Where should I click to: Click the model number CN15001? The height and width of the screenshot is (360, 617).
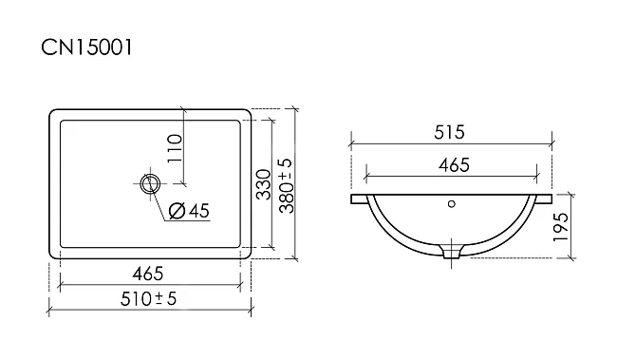tap(86, 47)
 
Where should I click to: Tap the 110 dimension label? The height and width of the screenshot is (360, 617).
tap(175, 148)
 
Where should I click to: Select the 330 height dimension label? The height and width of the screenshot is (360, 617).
tap(264, 184)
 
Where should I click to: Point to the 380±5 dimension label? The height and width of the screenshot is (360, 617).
tap(286, 185)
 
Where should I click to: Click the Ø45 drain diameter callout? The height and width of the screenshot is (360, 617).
tap(189, 211)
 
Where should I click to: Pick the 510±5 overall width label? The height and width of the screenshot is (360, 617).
tap(148, 299)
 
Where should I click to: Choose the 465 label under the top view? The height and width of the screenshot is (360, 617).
tap(147, 274)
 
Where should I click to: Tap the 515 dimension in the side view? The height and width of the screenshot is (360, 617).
tap(449, 132)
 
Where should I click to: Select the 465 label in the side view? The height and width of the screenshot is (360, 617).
tap(454, 164)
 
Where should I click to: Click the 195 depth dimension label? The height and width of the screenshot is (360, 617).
tap(561, 227)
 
